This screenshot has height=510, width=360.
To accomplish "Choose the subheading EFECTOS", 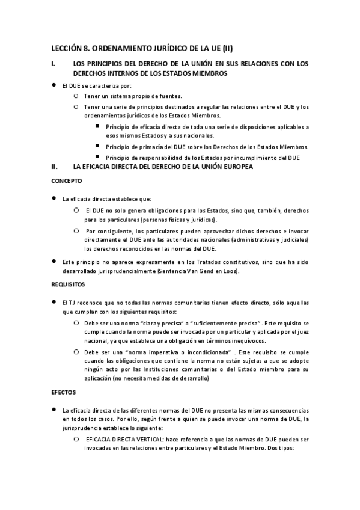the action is click(x=63, y=392).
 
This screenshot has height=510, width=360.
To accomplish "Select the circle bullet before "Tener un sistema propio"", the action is click(x=75, y=96).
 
